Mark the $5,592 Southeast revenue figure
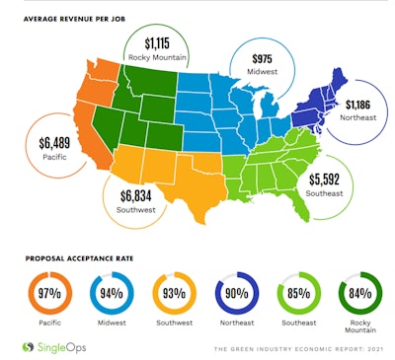325,180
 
